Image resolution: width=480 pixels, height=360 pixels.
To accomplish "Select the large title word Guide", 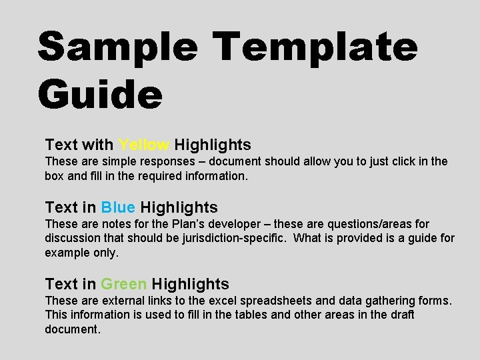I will (100, 95).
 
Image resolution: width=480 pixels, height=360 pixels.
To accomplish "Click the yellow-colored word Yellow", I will (144, 145).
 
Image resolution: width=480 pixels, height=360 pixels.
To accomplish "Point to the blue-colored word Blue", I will (119, 207).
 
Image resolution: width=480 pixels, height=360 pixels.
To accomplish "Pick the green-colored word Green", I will (124, 284).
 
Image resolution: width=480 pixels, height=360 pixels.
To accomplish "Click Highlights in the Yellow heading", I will (213, 145).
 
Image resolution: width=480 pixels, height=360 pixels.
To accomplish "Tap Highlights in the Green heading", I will (191, 284).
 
